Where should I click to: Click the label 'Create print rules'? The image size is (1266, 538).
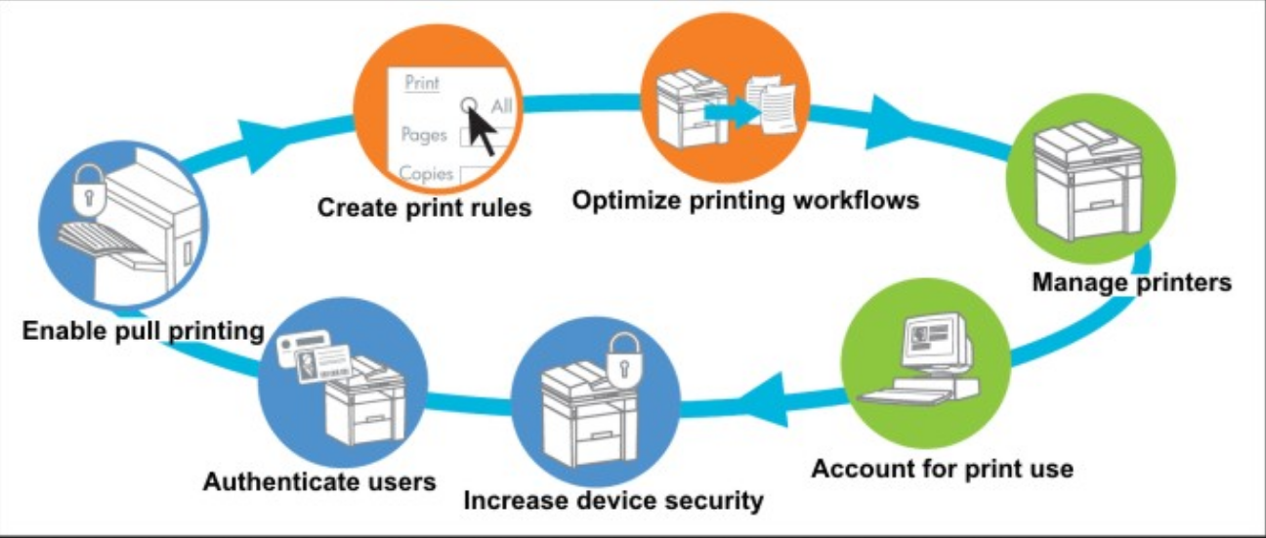point(424,208)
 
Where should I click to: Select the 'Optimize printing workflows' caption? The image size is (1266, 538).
point(745,200)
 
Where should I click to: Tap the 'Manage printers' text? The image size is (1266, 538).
point(1131,283)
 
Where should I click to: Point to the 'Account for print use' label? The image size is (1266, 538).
point(942,469)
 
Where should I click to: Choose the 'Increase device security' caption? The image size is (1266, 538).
point(612,501)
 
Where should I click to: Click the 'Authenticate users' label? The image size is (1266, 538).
point(319,481)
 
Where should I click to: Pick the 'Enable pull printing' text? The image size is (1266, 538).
point(143,331)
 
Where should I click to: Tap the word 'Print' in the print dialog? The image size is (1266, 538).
point(422,84)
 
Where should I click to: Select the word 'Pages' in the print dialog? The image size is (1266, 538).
point(424,134)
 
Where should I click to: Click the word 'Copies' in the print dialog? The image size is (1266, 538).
point(426,174)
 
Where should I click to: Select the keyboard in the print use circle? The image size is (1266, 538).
point(904,394)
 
